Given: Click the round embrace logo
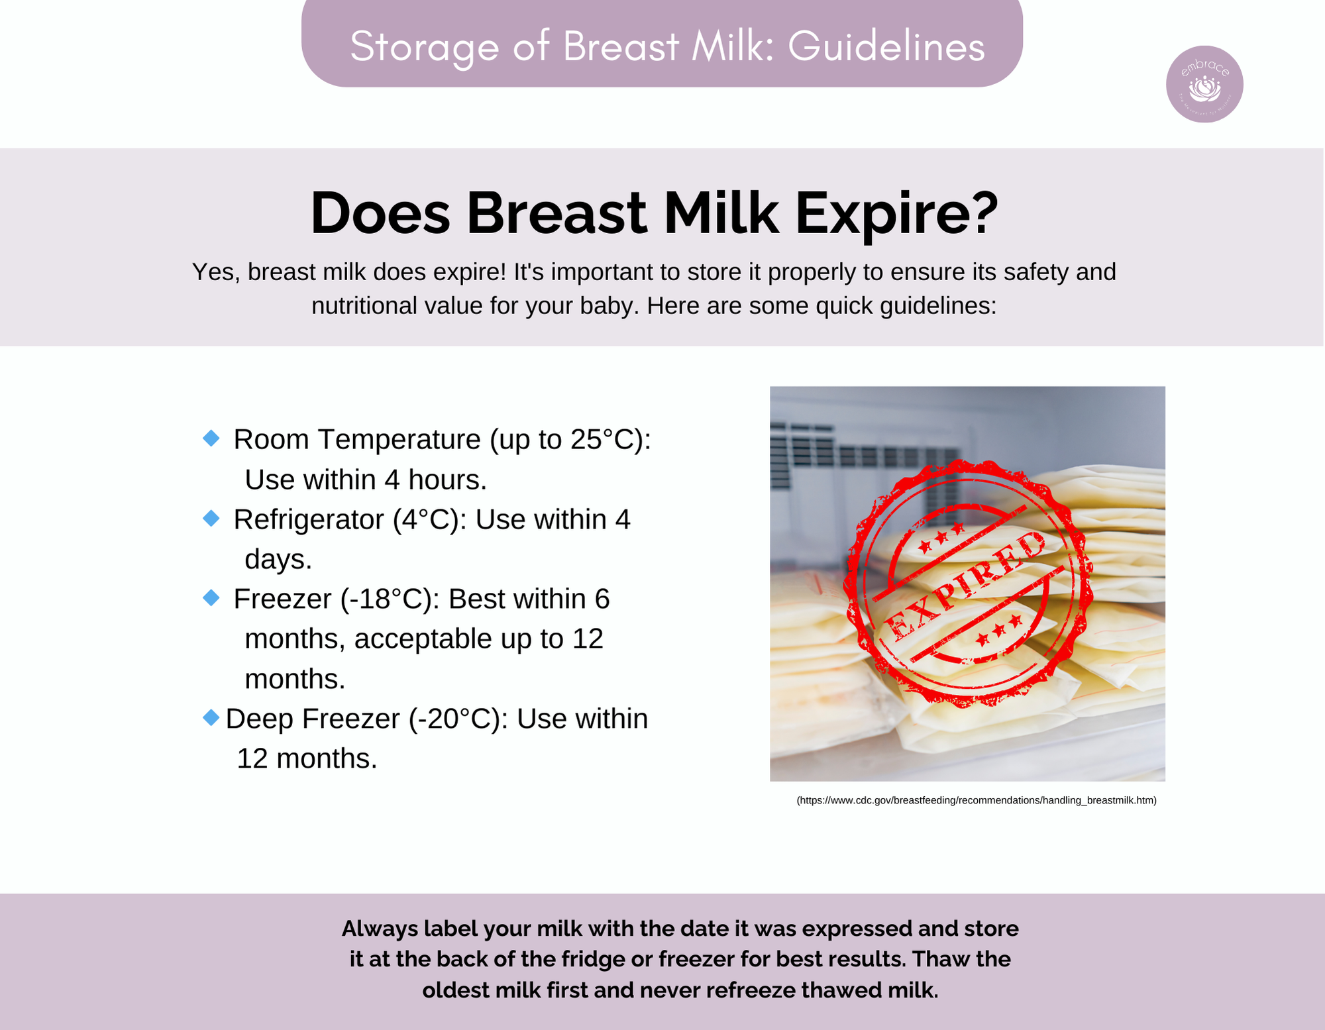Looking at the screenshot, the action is click(1204, 84).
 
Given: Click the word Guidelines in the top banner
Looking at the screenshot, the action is click(886, 46).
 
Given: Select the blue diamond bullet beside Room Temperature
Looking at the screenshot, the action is click(211, 438).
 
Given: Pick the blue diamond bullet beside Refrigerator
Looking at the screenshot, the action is click(211, 518).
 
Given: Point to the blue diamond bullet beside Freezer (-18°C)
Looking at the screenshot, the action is click(211, 597).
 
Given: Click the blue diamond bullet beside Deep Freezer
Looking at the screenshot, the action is click(211, 717).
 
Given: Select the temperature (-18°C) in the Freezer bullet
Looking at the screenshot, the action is click(391, 599).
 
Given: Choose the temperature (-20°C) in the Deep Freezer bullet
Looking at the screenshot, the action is click(458, 719).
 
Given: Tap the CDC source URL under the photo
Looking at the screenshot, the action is click(977, 800).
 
